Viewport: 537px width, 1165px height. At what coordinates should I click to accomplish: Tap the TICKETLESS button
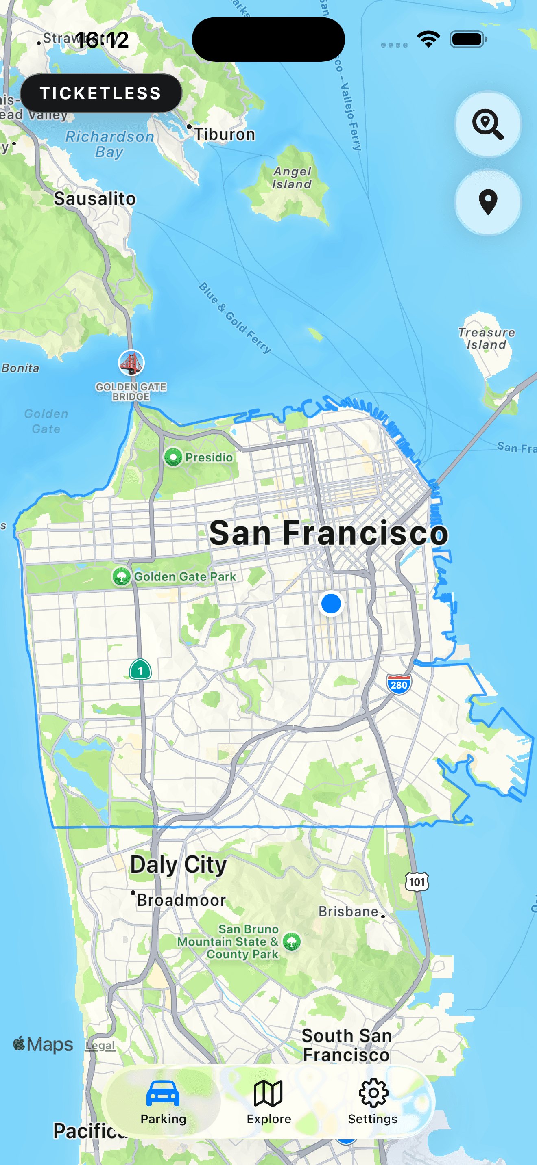(100, 93)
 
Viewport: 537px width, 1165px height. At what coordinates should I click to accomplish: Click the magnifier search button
(488, 124)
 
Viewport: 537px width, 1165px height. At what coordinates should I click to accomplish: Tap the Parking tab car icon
(163, 1093)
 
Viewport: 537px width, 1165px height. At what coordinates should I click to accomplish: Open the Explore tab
(268, 1101)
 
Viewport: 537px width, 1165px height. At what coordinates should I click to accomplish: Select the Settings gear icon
(373, 1093)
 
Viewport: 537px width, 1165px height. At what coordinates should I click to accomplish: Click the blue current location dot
(331, 603)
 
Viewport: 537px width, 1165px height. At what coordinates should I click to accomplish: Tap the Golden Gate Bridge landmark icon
(131, 363)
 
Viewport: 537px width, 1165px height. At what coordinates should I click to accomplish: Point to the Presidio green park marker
(173, 457)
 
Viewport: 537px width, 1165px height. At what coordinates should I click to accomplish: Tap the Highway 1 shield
(140, 670)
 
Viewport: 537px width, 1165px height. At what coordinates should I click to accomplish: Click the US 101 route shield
(417, 881)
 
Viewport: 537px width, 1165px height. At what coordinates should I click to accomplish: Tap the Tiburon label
(224, 134)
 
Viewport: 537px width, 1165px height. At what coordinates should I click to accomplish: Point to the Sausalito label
(95, 199)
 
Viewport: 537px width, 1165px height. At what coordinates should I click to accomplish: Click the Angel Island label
(292, 178)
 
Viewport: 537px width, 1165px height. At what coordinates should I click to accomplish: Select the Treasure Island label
(486, 338)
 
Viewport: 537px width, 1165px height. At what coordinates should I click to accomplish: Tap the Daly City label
(179, 864)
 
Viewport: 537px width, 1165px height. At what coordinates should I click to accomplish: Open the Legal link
(100, 1045)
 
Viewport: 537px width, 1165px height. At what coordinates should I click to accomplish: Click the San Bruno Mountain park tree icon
(292, 942)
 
